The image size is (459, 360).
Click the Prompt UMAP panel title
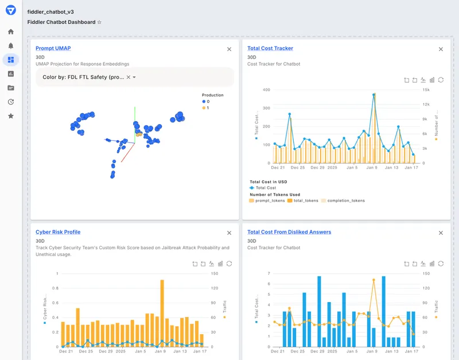[x=53, y=48]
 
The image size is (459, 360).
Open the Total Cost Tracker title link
[x=270, y=48]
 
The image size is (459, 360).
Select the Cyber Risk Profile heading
[x=58, y=232]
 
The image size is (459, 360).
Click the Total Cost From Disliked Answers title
[x=289, y=232]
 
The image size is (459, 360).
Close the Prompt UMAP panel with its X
[x=229, y=49]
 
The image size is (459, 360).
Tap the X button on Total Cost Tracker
[x=441, y=49]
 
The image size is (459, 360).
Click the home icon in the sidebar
[x=11, y=32]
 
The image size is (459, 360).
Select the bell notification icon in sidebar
[x=11, y=46]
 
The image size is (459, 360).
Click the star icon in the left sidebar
[x=11, y=116]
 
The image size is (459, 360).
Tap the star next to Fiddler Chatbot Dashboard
[x=99, y=22]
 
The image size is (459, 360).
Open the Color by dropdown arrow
[x=134, y=77]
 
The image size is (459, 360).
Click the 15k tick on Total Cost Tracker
[x=426, y=90]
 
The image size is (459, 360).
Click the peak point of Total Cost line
[x=374, y=95]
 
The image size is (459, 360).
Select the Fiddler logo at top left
[x=11, y=10]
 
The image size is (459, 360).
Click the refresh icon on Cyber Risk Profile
[x=229, y=264]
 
